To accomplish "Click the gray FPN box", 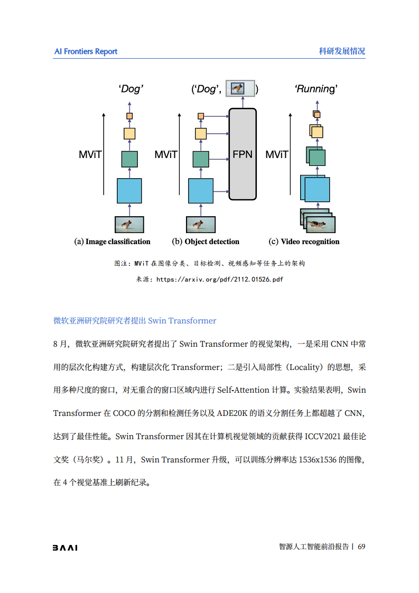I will (x=243, y=154).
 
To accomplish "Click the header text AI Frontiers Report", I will (x=86, y=51).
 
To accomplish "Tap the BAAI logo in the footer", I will (x=65, y=548).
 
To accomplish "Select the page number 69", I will (x=361, y=547).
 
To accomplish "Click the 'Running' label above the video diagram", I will (x=316, y=89).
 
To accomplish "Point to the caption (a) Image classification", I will (x=112, y=242).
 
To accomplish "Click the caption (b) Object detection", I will (x=206, y=242).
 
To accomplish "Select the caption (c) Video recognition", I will (x=304, y=242).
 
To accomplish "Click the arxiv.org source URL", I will (x=220, y=280).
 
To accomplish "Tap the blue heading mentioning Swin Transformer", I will (x=135, y=320).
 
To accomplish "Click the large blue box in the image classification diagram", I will (x=129, y=191).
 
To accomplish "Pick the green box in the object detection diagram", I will (x=200, y=159).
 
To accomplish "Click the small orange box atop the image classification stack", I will (x=129, y=116).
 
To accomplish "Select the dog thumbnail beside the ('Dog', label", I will (x=240, y=89).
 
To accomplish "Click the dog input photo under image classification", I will (x=129, y=224).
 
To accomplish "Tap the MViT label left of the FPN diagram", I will (x=166, y=155).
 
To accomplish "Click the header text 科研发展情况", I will (x=342, y=51).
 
